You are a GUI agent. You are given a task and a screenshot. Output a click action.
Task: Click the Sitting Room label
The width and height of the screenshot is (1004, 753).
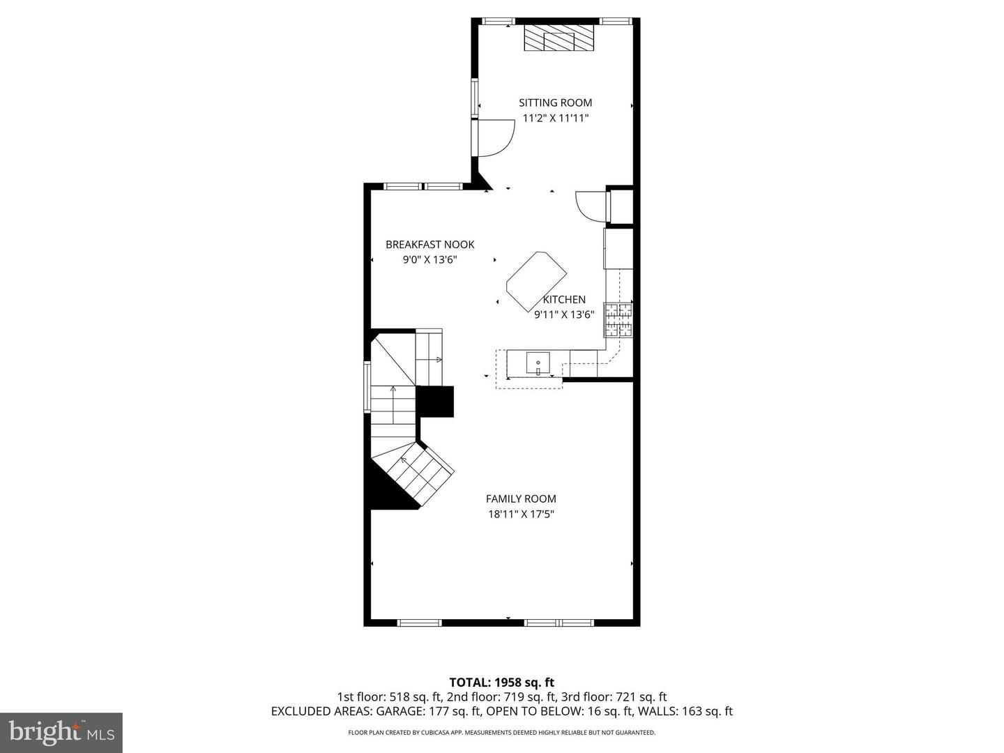tap(555, 102)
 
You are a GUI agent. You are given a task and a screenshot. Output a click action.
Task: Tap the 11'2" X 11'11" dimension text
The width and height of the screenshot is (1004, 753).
tap(556, 118)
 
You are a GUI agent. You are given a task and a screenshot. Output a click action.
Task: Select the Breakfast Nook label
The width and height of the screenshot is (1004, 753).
tap(429, 244)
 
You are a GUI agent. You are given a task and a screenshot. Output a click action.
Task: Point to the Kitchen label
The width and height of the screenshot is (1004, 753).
tap(564, 299)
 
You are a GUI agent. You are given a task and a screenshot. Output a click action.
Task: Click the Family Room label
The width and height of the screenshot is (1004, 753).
tap(521, 499)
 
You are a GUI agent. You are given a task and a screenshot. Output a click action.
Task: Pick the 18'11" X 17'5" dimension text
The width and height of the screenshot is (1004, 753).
tap(521, 515)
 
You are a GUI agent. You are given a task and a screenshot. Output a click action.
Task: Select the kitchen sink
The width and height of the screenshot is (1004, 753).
tap(538, 363)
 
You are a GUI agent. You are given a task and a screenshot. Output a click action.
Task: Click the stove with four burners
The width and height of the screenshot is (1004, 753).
tap(618, 320)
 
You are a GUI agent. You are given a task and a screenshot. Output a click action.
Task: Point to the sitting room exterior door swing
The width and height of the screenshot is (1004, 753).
tap(494, 138)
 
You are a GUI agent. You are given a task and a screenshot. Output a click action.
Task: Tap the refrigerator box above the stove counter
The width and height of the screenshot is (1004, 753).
tap(618, 248)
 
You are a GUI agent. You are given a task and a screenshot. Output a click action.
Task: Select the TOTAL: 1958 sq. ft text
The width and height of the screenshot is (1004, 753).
tap(501, 682)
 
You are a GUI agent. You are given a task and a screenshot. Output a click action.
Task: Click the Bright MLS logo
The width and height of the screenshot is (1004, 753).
tap(61, 732)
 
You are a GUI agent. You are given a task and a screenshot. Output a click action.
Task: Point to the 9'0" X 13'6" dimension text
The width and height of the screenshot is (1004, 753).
tap(429, 260)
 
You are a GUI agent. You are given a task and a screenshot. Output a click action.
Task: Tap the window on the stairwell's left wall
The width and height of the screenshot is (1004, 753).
tap(367, 387)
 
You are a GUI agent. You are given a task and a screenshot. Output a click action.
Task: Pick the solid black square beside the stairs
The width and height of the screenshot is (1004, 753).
tap(435, 402)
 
